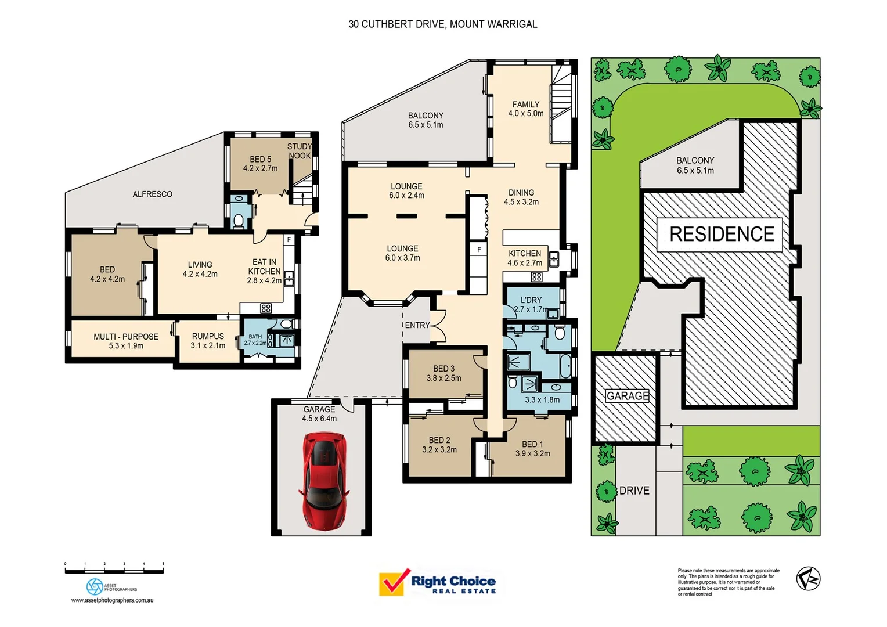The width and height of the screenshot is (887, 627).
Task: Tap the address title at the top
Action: point(442,24)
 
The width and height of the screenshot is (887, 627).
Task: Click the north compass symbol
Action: point(807,578)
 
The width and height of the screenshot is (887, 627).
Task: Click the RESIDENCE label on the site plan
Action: point(721,234)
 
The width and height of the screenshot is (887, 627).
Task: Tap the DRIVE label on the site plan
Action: point(634,491)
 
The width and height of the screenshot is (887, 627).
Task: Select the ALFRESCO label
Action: point(152,194)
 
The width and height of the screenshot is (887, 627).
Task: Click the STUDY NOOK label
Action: point(300,151)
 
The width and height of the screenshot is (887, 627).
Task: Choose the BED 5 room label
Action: point(260,159)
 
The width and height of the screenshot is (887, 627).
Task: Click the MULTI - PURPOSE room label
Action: point(126,337)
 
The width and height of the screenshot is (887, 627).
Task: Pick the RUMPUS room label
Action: point(208,336)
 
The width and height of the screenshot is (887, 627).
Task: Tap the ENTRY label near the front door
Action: point(417,325)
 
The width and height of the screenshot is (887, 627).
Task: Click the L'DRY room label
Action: point(531,300)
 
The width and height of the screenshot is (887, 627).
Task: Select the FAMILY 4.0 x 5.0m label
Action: point(526,109)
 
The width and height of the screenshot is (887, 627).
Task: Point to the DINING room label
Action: point(521,193)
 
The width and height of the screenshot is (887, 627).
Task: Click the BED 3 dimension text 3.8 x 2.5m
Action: point(443,378)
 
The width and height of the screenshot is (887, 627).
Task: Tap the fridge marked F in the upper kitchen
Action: point(479,250)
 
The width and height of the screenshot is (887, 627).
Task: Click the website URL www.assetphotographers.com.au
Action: point(112,600)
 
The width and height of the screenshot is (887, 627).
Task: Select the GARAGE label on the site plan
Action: point(627,396)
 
